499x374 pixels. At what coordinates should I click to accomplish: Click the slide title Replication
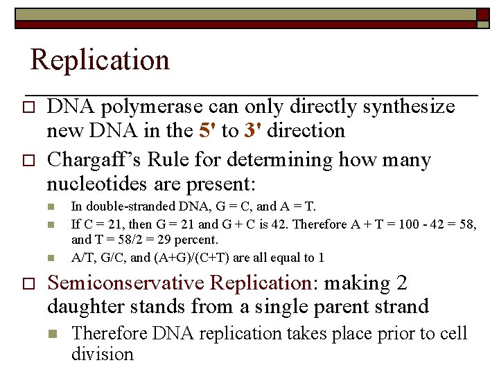tap(100, 60)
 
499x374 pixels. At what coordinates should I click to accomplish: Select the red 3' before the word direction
tap(251, 131)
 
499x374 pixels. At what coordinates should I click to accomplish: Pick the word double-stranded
tap(122, 206)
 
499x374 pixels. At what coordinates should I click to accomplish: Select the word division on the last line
tap(102, 354)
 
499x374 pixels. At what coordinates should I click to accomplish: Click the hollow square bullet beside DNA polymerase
tap(28, 107)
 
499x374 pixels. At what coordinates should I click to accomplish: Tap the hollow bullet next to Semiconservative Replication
tap(28, 284)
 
